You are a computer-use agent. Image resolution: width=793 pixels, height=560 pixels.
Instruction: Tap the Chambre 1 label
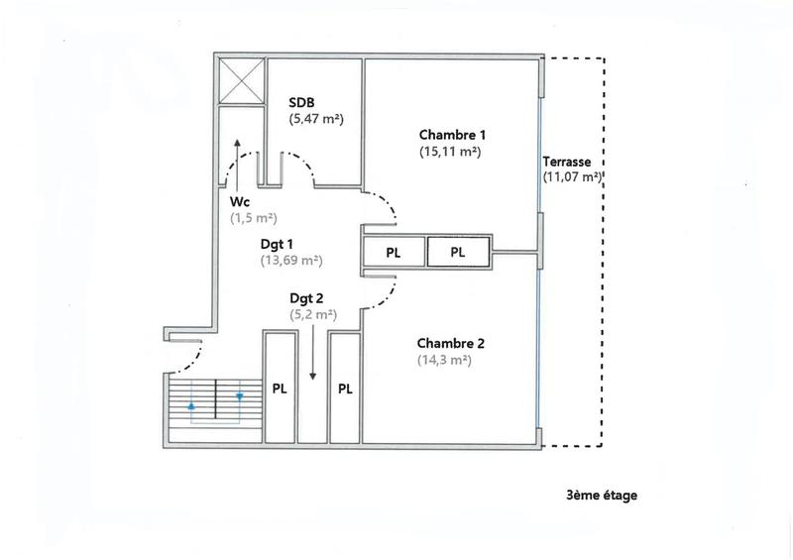coord(452,135)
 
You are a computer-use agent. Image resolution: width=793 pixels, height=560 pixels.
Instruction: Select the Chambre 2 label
coord(451,344)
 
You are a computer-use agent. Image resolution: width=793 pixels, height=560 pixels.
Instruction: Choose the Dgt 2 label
coord(307,297)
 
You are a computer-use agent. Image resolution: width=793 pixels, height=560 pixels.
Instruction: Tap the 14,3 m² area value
coord(444,361)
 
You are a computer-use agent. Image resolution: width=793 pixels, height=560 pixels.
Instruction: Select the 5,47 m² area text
coord(316,119)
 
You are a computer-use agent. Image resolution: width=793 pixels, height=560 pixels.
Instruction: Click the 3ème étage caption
coord(596,496)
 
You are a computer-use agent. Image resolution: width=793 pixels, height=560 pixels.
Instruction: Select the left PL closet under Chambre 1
coord(394,253)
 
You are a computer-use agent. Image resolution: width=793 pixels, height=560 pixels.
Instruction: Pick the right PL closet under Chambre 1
coord(458,253)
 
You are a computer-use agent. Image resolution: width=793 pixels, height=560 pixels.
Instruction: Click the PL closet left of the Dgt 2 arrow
coord(280,389)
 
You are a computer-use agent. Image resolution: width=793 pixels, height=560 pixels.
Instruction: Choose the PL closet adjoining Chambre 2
coord(345,389)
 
